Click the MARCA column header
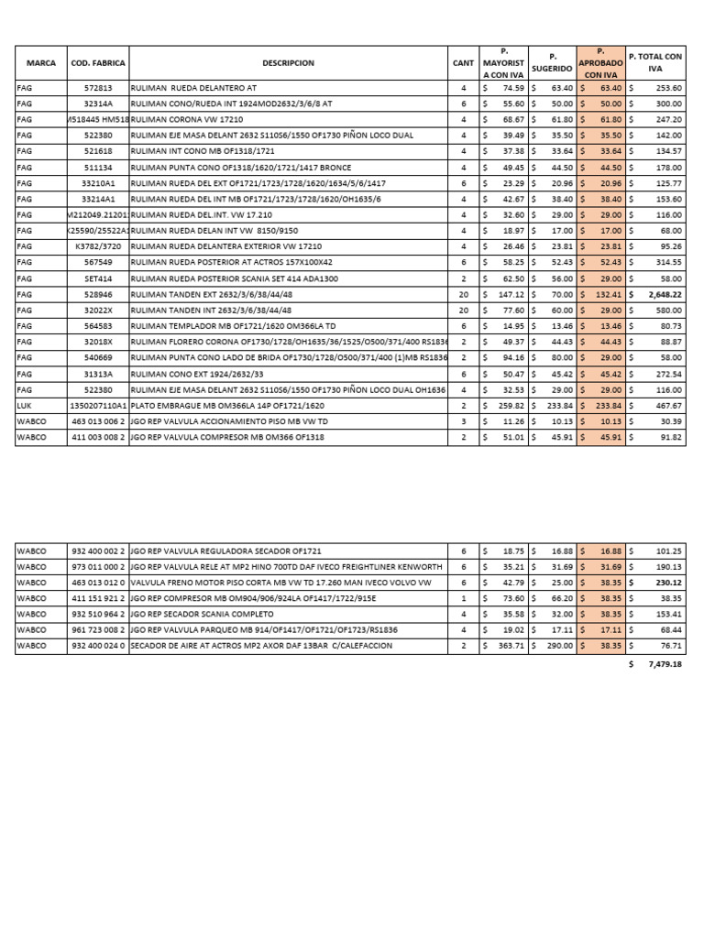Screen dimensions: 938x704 click(x=41, y=63)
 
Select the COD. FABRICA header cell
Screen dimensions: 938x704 click(x=98, y=63)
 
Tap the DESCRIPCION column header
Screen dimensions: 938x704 click(x=288, y=63)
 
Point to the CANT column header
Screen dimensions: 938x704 click(x=463, y=63)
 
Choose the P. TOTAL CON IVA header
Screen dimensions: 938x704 click(x=655, y=62)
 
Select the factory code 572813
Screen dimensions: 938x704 click(x=98, y=88)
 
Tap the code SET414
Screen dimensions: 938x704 click(x=98, y=278)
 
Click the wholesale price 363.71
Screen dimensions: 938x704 click(x=510, y=646)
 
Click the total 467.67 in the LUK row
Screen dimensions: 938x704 click(x=667, y=406)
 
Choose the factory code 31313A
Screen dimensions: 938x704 click(x=98, y=374)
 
